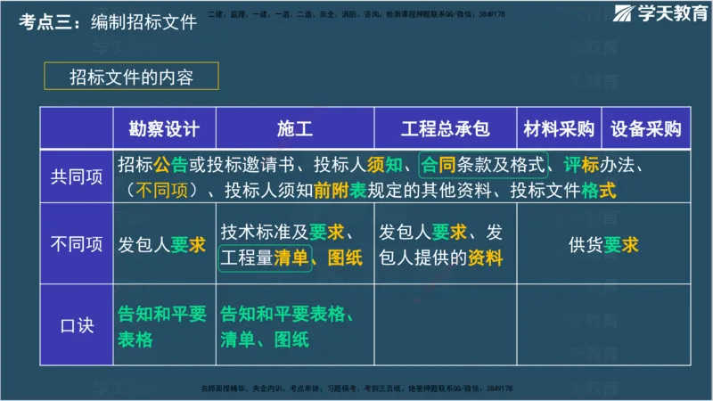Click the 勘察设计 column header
pyautogui.click(x=164, y=128)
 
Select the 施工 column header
pyautogui.click(x=294, y=128)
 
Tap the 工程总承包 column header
pyautogui.click(x=445, y=128)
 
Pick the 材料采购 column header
pyautogui.click(x=559, y=128)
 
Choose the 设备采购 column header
pyautogui.click(x=645, y=128)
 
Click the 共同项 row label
pyautogui.click(x=76, y=177)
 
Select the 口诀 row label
pyautogui.click(x=76, y=325)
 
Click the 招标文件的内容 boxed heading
pyautogui.click(x=131, y=78)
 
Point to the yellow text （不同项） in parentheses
pyautogui.click(x=161, y=190)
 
